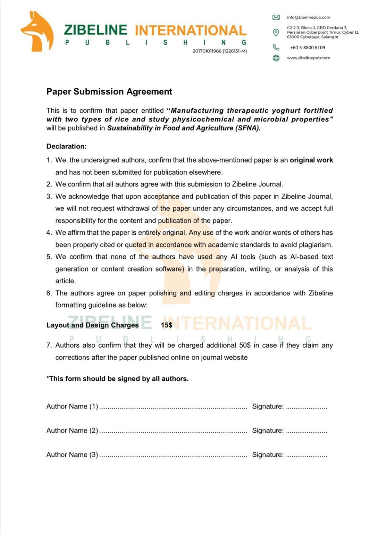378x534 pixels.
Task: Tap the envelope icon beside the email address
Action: tap(276, 17)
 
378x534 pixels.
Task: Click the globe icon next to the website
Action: tap(276, 58)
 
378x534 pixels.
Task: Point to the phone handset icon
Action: tap(276, 47)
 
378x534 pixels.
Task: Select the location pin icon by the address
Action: tap(276, 32)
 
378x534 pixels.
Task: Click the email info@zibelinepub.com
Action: tap(309, 17)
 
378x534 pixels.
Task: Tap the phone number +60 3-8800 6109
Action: tap(308, 47)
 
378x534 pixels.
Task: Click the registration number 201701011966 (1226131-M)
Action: tap(220, 51)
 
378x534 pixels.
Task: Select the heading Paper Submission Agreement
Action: tap(109, 91)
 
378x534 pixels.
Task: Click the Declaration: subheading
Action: tap(67, 146)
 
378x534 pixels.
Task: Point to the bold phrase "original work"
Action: tap(311, 160)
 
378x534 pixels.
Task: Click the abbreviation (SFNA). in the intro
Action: tap(248, 128)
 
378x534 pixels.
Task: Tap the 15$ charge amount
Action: tap(167, 325)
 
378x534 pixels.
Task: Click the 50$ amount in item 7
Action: tap(245, 345)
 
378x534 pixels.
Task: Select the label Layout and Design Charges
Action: tap(93, 325)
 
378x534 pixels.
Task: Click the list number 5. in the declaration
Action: tap(49, 257)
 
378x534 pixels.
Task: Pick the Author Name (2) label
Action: tap(72, 430)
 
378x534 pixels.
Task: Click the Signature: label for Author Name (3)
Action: tap(268, 455)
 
